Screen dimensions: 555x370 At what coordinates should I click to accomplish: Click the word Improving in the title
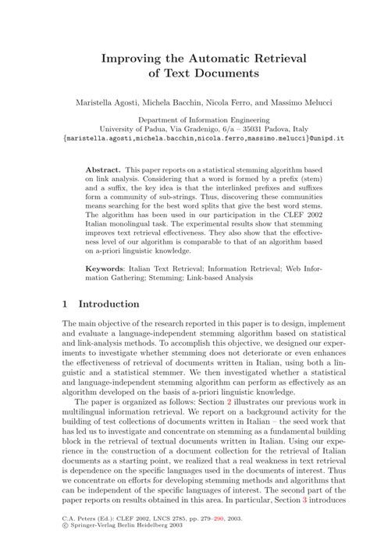[131, 58]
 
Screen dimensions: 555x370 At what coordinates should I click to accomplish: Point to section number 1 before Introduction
[66, 304]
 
